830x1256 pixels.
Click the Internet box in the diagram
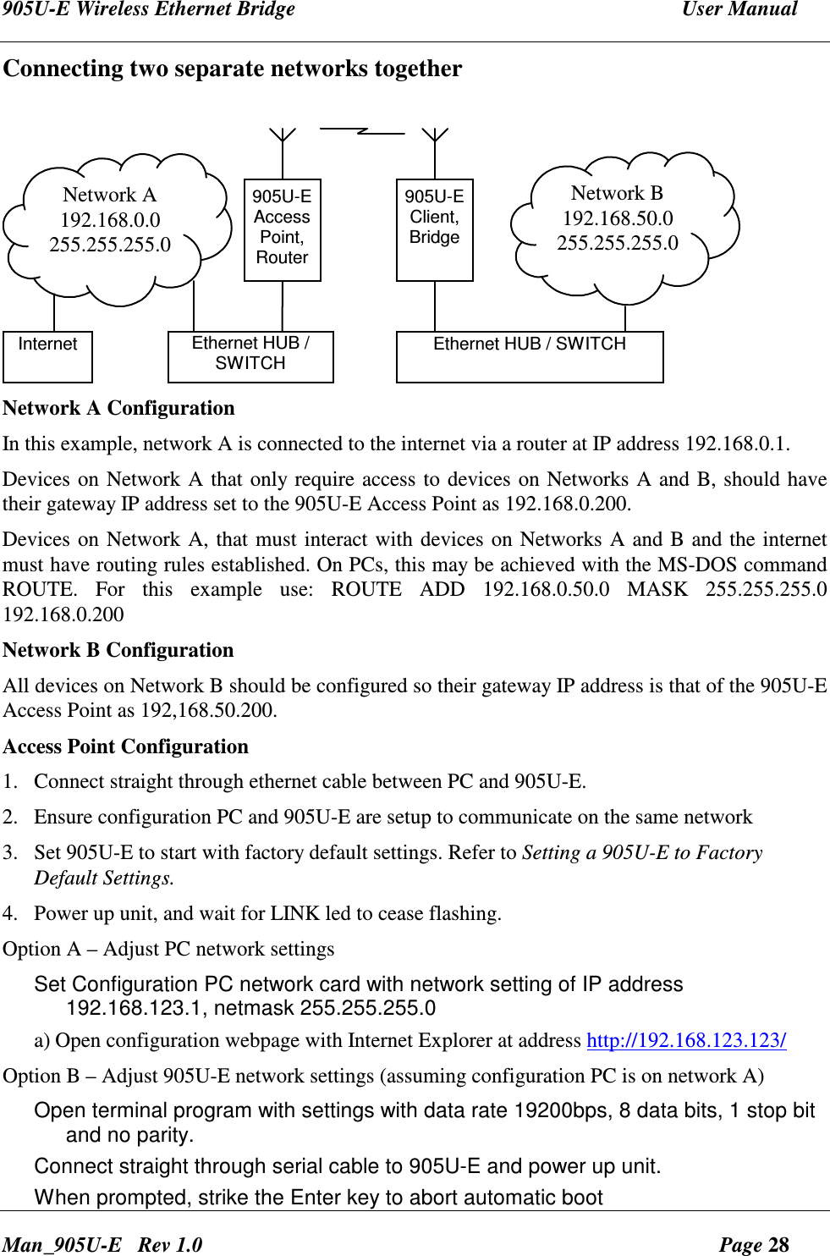[x=47, y=356]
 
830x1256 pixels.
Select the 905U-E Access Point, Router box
[x=282, y=229]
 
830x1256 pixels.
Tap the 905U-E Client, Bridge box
[x=434, y=229]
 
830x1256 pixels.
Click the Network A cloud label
[x=110, y=196]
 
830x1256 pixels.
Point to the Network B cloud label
[x=617, y=194]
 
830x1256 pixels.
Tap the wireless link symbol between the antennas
[x=362, y=131]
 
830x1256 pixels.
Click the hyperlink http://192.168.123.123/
[x=686, y=1040]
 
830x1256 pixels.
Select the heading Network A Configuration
[x=118, y=408]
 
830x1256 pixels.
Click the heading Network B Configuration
[x=118, y=650]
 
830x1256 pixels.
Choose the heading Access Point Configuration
[x=125, y=746]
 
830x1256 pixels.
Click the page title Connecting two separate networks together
[x=233, y=69]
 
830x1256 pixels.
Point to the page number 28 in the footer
[x=778, y=1244]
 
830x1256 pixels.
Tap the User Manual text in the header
[x=739, y=10]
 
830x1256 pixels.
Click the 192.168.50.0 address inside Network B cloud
[x=618, y=218]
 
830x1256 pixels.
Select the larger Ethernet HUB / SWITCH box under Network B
[x=530, y=356]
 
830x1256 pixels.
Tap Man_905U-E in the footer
[x=62, y=1244]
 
